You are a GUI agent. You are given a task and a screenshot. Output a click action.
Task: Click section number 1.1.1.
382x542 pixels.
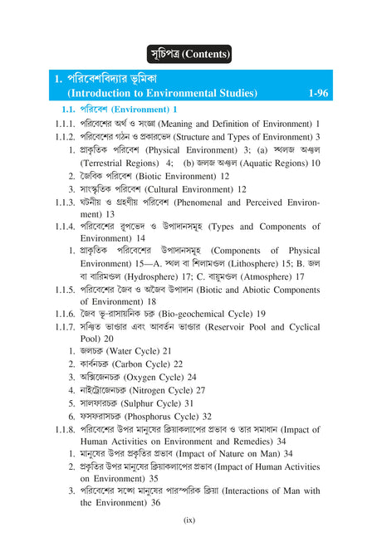(x=66, y=123)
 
